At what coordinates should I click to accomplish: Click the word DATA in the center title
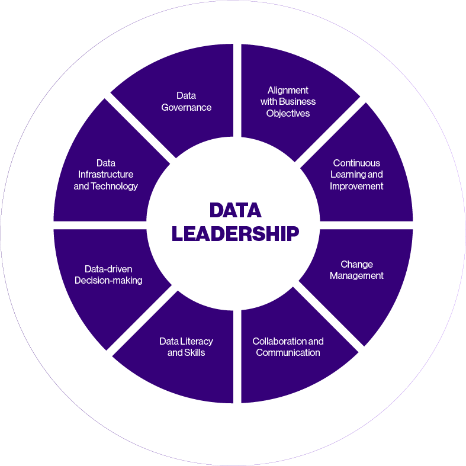[x=235, y=211]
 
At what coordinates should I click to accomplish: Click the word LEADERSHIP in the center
[x=235, y=233]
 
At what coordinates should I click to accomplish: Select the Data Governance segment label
[x=186, y=101]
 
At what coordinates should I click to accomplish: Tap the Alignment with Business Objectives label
[x=288, y=101]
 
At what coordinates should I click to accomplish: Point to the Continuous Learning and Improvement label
[x=356, y=174]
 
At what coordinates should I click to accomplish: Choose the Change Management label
[x=356, y=270]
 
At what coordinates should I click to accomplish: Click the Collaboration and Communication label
[x=288, y=346]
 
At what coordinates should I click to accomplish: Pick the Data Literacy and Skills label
[x=186, y=346]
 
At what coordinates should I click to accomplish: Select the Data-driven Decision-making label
[x=108, y=275]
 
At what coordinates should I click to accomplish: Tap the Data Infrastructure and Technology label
[x=105, y=174]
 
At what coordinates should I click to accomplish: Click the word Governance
[x=186, y=107]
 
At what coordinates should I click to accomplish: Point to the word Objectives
[x=288, y=113]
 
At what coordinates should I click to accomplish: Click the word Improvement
[x=356, y=186]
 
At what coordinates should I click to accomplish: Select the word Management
[x=356, y=276]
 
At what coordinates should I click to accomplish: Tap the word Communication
[x=288, y=352]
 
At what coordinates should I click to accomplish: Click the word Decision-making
[x=108, y=281]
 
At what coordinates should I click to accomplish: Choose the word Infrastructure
[x=105, y=174]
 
